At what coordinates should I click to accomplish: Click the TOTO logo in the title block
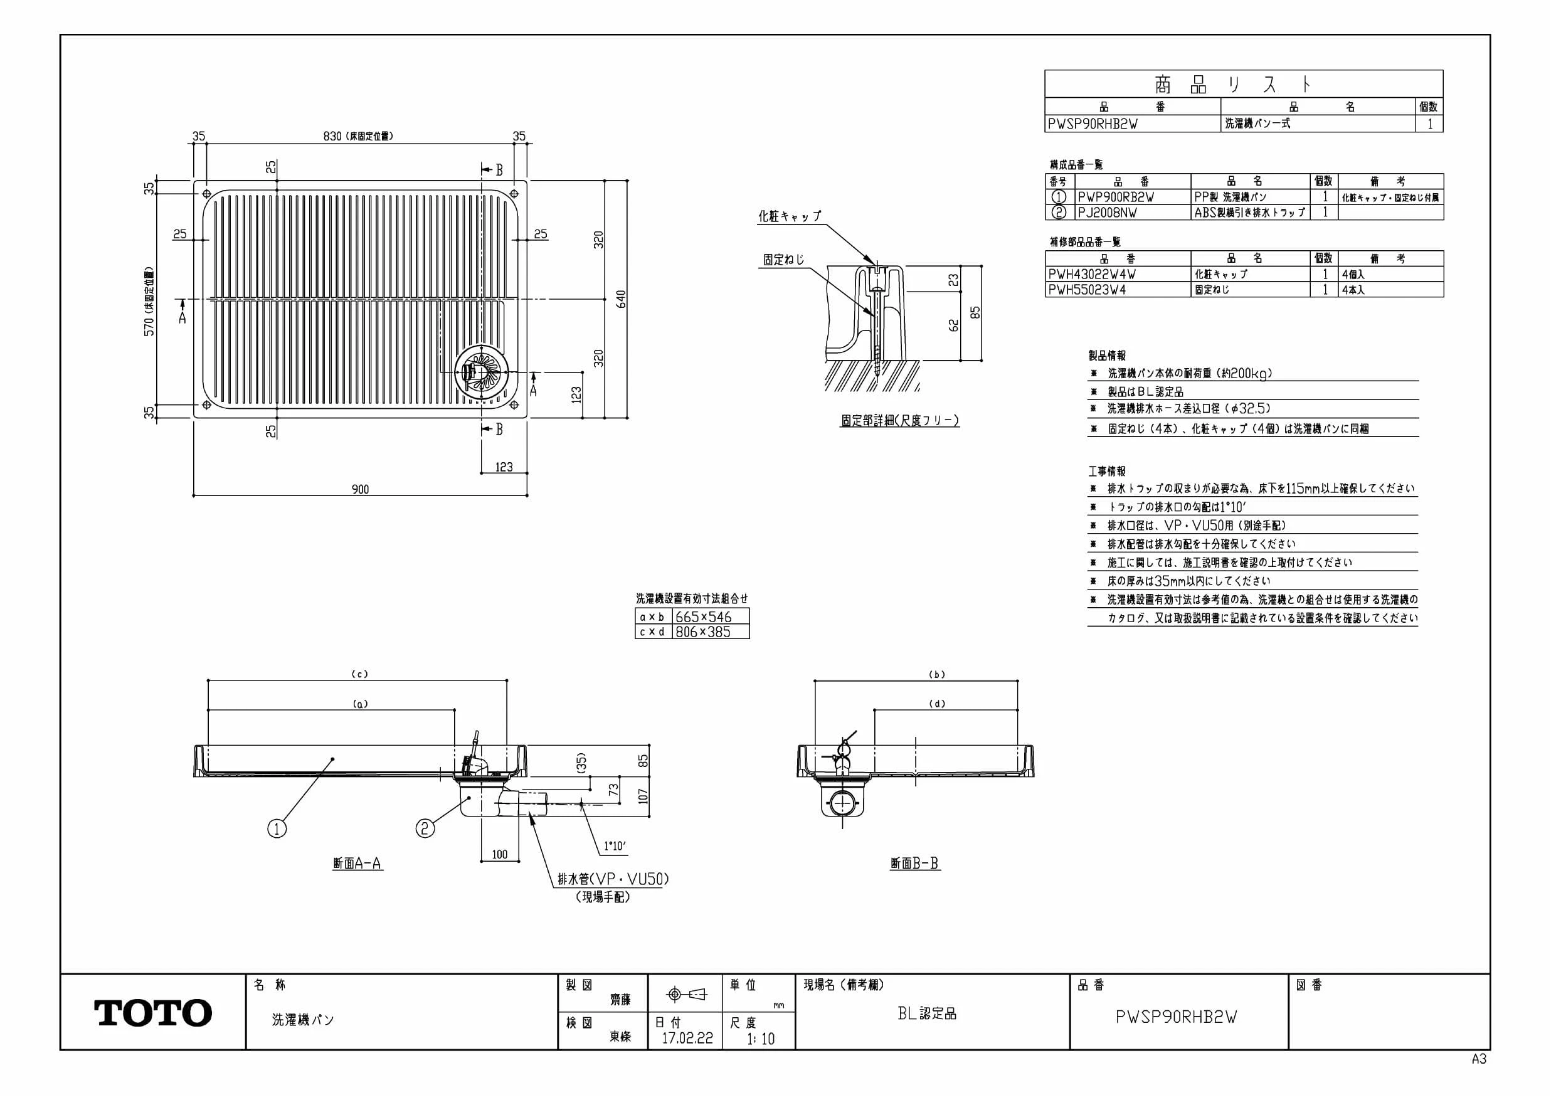pos(153,1013)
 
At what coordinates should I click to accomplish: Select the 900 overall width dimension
pos(361,489)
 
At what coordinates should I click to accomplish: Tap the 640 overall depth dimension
pos(622,299)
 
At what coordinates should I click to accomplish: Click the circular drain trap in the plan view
pos(482,371)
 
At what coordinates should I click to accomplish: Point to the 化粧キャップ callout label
pos(790,216)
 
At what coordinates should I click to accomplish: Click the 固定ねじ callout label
pos(784,260)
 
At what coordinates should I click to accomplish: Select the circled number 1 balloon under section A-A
pos(277,828)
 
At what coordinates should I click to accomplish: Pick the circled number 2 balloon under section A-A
pos(425,828)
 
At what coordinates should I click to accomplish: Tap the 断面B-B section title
pos(915,864)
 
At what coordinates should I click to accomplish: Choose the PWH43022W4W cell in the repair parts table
pos(1092,275)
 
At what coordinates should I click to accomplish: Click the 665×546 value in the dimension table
pos(704,616)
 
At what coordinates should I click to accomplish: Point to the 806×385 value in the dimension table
pos(703,632)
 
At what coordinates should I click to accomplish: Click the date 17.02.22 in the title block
pos(687,1039)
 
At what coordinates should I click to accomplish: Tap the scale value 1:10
pos(760,1039)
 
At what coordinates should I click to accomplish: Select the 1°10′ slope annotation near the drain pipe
pos(615,847)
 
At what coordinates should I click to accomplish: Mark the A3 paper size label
pos(1479,1059)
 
